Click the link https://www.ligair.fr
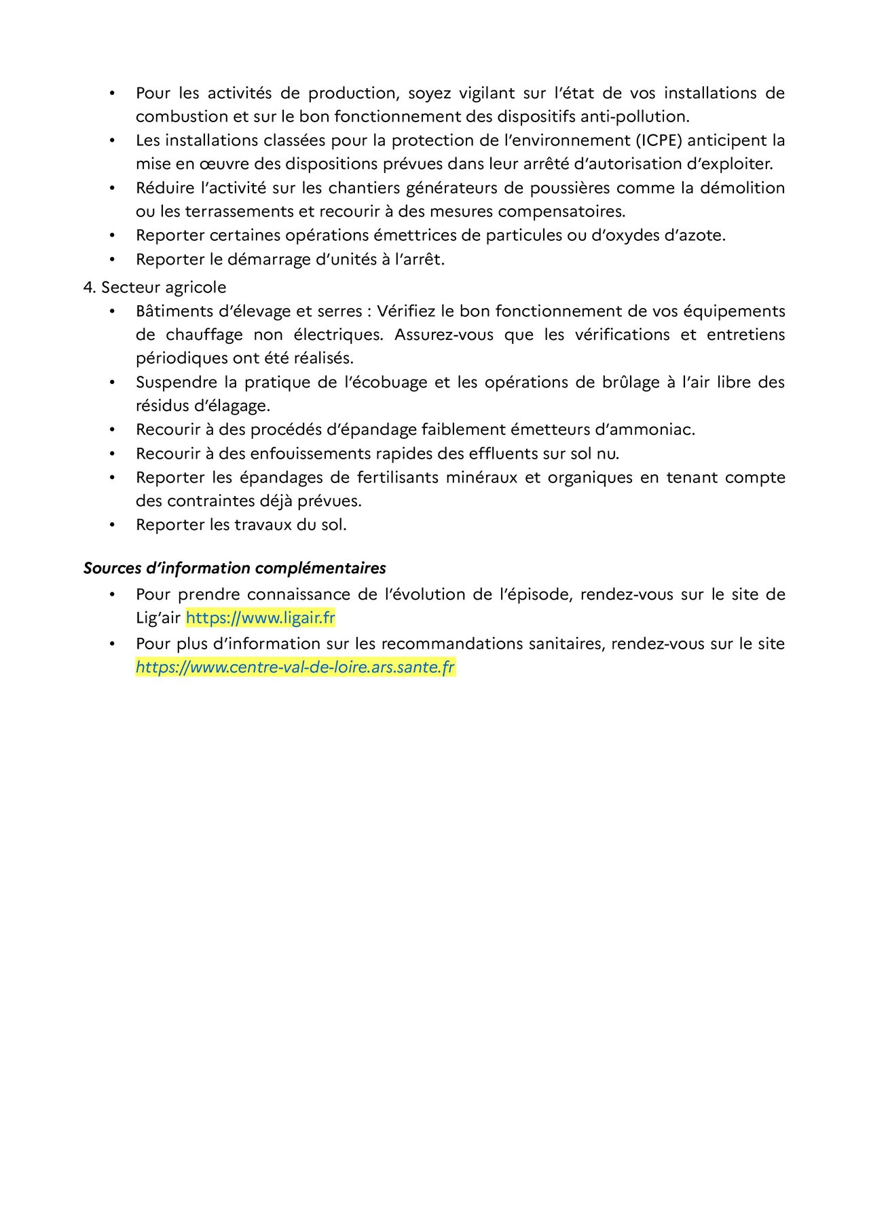tap(260, 618)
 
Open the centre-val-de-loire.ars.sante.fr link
tap(295, 668)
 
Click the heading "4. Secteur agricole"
tap(155, 288)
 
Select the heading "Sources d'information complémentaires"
tap(235, 569)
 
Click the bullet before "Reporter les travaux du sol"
tap(112, 525)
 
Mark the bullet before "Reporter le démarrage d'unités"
tap(112, 260)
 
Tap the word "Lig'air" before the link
tap(158, 618)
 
